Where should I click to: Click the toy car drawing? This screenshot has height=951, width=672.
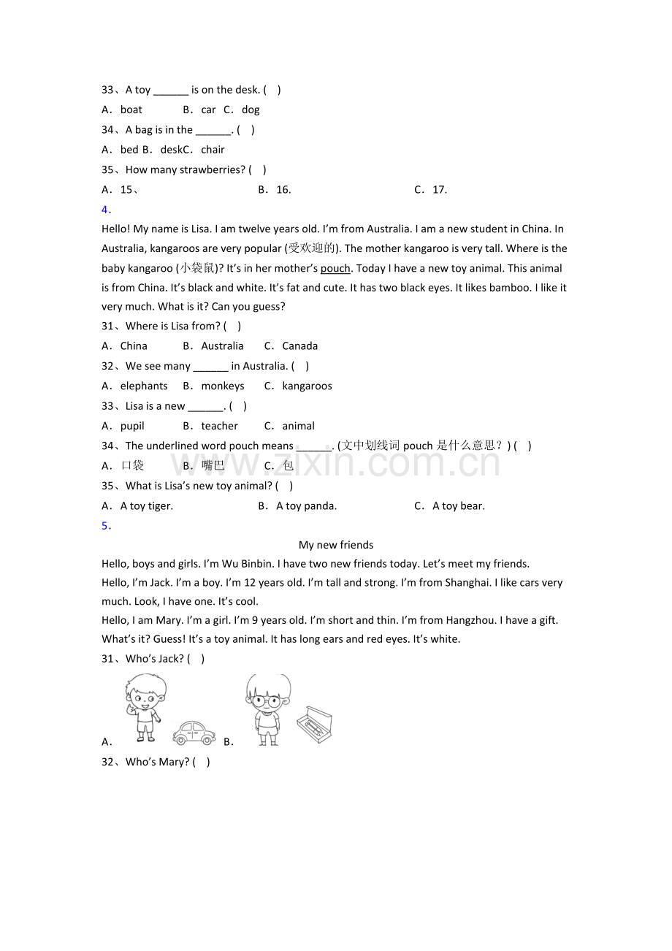click(x=194, y=732)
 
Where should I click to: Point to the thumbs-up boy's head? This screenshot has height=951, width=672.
click(x=145, y=693)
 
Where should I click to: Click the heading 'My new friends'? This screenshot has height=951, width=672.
click(x=336, y=545)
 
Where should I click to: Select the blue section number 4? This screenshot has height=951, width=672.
click(x=106, y=210)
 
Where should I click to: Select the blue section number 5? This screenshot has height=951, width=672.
click(x=106, y=526)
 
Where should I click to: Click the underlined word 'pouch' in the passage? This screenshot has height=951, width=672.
click(x=335, y=268)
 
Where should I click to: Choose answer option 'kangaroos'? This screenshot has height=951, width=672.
click(x=307, y=386)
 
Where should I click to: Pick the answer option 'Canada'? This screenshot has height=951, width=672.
click(x=299, y=346)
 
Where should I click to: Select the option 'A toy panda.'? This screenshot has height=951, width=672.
click(x=306, y=505)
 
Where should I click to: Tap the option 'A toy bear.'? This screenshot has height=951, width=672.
click(x=458, y=505)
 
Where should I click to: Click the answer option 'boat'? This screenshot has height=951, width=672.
click(x=131, y=110)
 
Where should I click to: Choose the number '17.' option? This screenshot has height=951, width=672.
click(x=440, y=190)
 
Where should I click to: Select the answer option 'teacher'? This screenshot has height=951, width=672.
click(x=219, y=426)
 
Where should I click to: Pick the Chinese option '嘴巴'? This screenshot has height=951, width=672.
click(x=213, y=465)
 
